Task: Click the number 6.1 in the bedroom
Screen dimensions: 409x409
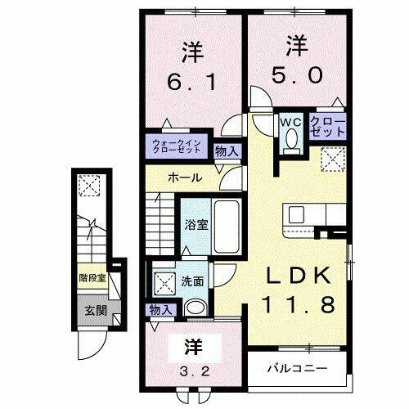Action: click(x=191, y=82)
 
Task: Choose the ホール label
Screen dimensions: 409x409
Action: click(x=186, y=178)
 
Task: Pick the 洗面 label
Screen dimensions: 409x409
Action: click(x=193, y=281)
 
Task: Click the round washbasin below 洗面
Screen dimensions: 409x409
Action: click(x=196, y=308)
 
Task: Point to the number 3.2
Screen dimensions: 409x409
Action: click(x=187, y=367)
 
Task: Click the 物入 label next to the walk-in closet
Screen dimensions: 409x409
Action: click(x=227, y=151)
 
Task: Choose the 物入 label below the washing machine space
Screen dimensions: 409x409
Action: click(x=161, y=309)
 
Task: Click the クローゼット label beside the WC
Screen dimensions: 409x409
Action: click(x=326, y=127)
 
